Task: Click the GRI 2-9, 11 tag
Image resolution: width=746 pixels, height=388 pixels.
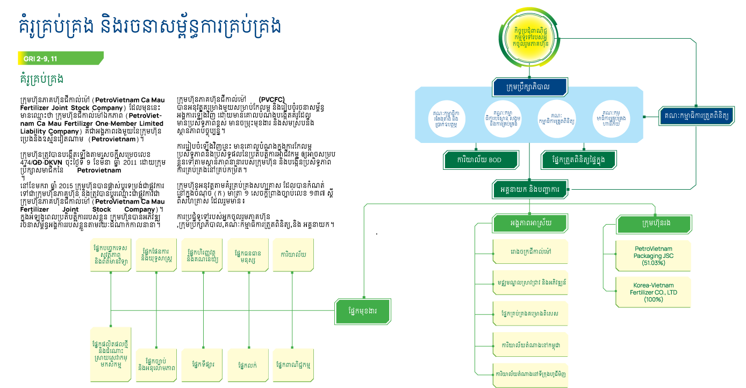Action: tap(59, 58)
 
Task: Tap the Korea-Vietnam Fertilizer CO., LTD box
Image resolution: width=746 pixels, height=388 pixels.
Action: tap(653, 292)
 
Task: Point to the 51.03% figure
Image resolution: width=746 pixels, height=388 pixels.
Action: tap(653, 263)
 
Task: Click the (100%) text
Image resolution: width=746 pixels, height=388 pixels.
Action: tap(653, 299)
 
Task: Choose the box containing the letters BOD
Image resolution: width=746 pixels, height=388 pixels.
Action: tap(481, 160)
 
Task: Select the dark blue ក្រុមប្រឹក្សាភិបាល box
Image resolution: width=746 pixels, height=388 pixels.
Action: tap(529, 87)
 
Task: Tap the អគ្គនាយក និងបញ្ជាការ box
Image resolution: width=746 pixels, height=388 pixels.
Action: tap(529, 189)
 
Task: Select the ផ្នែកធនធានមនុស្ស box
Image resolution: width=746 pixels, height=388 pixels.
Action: tap(248, 255)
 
